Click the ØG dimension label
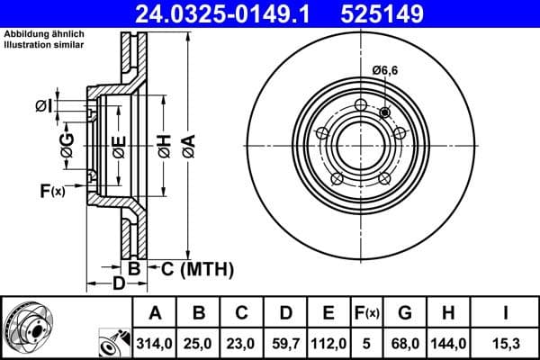(x=67, y=144)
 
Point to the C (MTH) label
(x=197, y=268)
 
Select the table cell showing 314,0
(x=156, y=343)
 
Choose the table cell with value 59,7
(x=286, y=343)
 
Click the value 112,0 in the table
(x=329, y=343)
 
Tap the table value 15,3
(x=506, y=343)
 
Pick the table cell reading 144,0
(x=449, y=343)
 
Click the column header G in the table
(x=405, y=313)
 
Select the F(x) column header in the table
(x=366, y=313)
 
